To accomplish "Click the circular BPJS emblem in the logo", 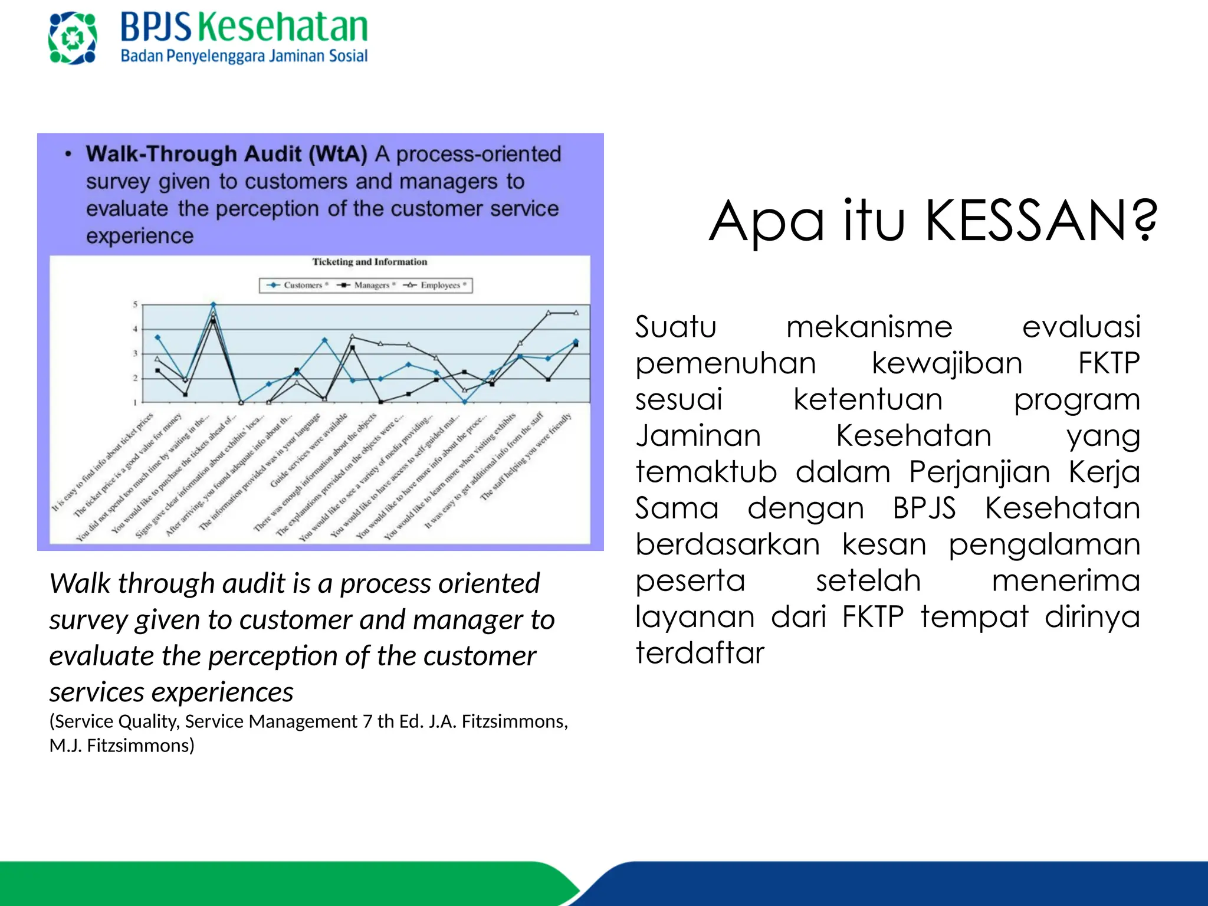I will [x=73, y=38].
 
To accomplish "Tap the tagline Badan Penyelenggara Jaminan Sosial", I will [x=244, y=56].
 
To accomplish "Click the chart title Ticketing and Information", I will [x=369, y=262].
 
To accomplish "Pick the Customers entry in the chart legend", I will [x=297, y=285].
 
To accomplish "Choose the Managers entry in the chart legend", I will [x=367, y=285].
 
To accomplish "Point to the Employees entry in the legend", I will [x=436, y=285].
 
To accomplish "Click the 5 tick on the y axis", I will [x=135, y=305].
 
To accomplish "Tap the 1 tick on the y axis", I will [x=135, y=403].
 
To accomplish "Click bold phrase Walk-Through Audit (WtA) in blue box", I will [x=226, y=154].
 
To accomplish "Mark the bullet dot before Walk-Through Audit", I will [x=68, y=155].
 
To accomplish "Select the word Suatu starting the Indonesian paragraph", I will [x=675, y=327].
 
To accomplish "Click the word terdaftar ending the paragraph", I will [x=700, y=653].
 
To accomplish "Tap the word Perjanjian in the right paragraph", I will [x=980, y=472].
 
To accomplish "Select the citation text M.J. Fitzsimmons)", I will [x=122, y=746].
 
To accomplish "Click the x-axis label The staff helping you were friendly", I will [x=526, y=457].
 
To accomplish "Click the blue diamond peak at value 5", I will [x=214, y=305].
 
